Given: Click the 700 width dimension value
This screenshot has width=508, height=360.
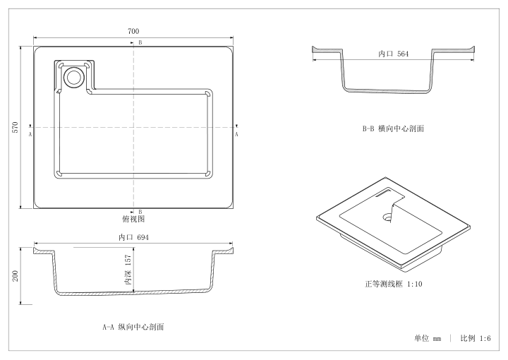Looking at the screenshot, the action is pyautogui.click(x=133, y=31).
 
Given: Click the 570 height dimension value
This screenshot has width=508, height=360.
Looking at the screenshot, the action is pyautogui.click(x=16, y=127).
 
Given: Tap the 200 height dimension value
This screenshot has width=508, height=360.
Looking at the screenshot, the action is pyautogui.click(x=16, y=276).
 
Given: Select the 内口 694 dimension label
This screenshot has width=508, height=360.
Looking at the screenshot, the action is pyautogui.click(x=133, y=237).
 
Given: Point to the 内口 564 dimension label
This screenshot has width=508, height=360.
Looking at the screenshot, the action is pyautogui.click(x=393, y=54).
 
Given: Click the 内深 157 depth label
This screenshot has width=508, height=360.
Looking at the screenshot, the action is pyautogui.click(x=128, y=270).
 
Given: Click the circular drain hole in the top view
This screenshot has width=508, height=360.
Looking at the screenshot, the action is pyautogui.click(x=74, y=76).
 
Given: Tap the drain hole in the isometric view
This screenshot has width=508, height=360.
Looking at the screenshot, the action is pyautogui.click(x=387, y=217).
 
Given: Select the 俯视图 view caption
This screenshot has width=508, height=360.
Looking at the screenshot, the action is pyautogui.click(x=133, y=219).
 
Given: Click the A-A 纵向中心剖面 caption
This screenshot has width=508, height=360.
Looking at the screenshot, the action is pyautogui.click(x=133, y=327).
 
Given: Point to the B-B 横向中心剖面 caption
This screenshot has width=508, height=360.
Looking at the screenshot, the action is pyautogui.click(x=393, y=128).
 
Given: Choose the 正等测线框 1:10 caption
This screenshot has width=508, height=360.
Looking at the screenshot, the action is pyautogui.click(x=393, y=284).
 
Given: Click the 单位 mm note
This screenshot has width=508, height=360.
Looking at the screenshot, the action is pyautogui.click(x=428, y=338).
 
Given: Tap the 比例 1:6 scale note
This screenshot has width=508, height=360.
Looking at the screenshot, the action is pyautogui.click(x=476, y=338).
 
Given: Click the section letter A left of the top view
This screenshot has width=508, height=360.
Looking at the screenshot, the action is pyautogui.click(x=30, y=134).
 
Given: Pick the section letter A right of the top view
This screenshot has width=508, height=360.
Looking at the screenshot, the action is pyautogui.click(x=236, y=134).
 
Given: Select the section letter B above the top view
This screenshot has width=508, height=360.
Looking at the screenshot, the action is pyautogui.click(x=140, y=42).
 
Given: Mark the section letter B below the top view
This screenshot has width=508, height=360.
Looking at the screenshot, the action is pyautogui.click(x=140, y=212).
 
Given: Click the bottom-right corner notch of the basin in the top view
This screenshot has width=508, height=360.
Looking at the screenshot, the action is pyautogui.click(x=208, y=174).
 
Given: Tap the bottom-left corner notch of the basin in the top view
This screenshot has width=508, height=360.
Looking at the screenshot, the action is pyautogui.click(x=59, y=174).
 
